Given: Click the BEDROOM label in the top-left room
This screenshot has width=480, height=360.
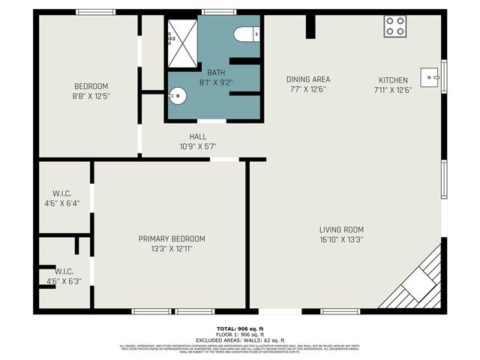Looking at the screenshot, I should pyautogui.click(x=91, y=85).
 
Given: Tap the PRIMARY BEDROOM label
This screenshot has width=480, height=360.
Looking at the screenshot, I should pyautogui.click(x=172, y=238).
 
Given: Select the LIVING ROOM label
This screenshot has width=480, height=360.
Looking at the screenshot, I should pyautogui.click(x=341, y=229).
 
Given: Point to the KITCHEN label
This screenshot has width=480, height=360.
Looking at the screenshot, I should pyautogui.click(x=393, y=79).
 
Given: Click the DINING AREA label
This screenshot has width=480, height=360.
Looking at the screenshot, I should pyautogui.click(x=307, y=79).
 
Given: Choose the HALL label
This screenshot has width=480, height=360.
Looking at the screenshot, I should pyautogui.click(x=198, y=136).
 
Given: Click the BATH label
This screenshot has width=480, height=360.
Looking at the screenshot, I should pyautogui.click(x=216, y=73).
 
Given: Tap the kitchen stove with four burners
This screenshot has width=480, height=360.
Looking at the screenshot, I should pyautogui.click(x=395, y=27).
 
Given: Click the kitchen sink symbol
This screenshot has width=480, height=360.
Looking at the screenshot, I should pyautogui.click(x=430, y=76).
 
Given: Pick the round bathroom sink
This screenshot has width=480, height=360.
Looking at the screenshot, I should pyautogui.click(x=176, y=95).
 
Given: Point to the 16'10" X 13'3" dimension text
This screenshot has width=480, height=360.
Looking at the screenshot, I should pyautogui.click(x=341, y=240).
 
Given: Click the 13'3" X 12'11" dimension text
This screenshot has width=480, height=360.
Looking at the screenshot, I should pyautogui.click(x=172, y=249).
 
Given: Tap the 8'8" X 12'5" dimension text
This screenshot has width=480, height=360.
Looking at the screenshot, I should pyautogui.click(x=91, y=96).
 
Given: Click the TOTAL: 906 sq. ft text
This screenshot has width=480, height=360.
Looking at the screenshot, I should pyautogui.click(x=240, y=328).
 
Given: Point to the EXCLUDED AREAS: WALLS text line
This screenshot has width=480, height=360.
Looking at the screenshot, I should pyautogui.click(x=240, y=340).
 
